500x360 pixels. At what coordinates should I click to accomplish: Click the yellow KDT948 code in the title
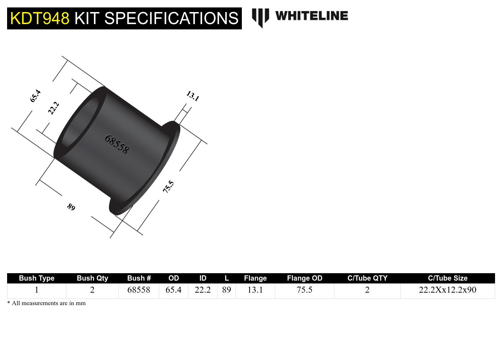40,18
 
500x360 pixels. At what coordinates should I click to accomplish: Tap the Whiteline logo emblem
260,17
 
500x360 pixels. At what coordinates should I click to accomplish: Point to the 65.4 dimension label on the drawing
35,96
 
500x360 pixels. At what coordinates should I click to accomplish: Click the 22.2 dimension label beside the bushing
53,108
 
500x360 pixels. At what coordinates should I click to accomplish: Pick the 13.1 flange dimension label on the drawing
193,96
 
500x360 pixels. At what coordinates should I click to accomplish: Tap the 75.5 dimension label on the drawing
168,187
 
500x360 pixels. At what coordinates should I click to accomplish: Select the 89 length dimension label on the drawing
71,207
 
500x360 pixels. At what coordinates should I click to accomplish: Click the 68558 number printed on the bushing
117,144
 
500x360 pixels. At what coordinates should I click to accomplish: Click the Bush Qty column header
92,278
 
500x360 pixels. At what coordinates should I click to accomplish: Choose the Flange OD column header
304,278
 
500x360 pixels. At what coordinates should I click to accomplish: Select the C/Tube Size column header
448,278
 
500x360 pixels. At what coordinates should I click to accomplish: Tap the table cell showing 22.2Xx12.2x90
448,290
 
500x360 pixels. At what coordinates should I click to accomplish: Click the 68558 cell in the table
139,290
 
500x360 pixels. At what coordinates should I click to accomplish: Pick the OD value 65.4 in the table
173,290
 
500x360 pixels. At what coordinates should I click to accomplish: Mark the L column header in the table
227,278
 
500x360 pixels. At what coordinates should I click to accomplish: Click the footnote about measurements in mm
46,303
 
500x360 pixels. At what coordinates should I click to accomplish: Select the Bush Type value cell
37,290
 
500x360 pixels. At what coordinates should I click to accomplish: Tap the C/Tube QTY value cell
367,290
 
